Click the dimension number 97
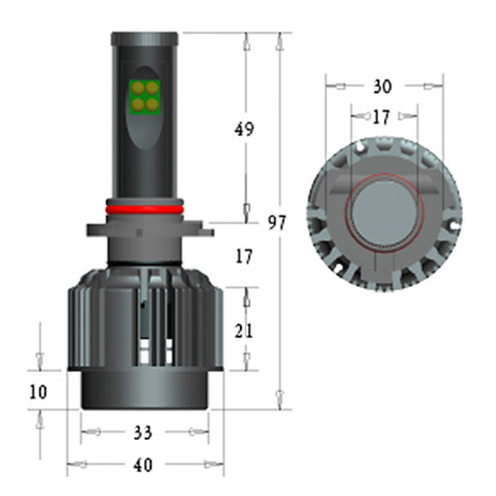277,223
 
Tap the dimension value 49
244,129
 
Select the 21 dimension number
244,331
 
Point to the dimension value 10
38,392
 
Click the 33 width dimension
143,432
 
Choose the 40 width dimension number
143,464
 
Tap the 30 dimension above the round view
383,86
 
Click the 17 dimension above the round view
381,117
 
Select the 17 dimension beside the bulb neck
244,256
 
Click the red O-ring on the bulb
144,210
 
